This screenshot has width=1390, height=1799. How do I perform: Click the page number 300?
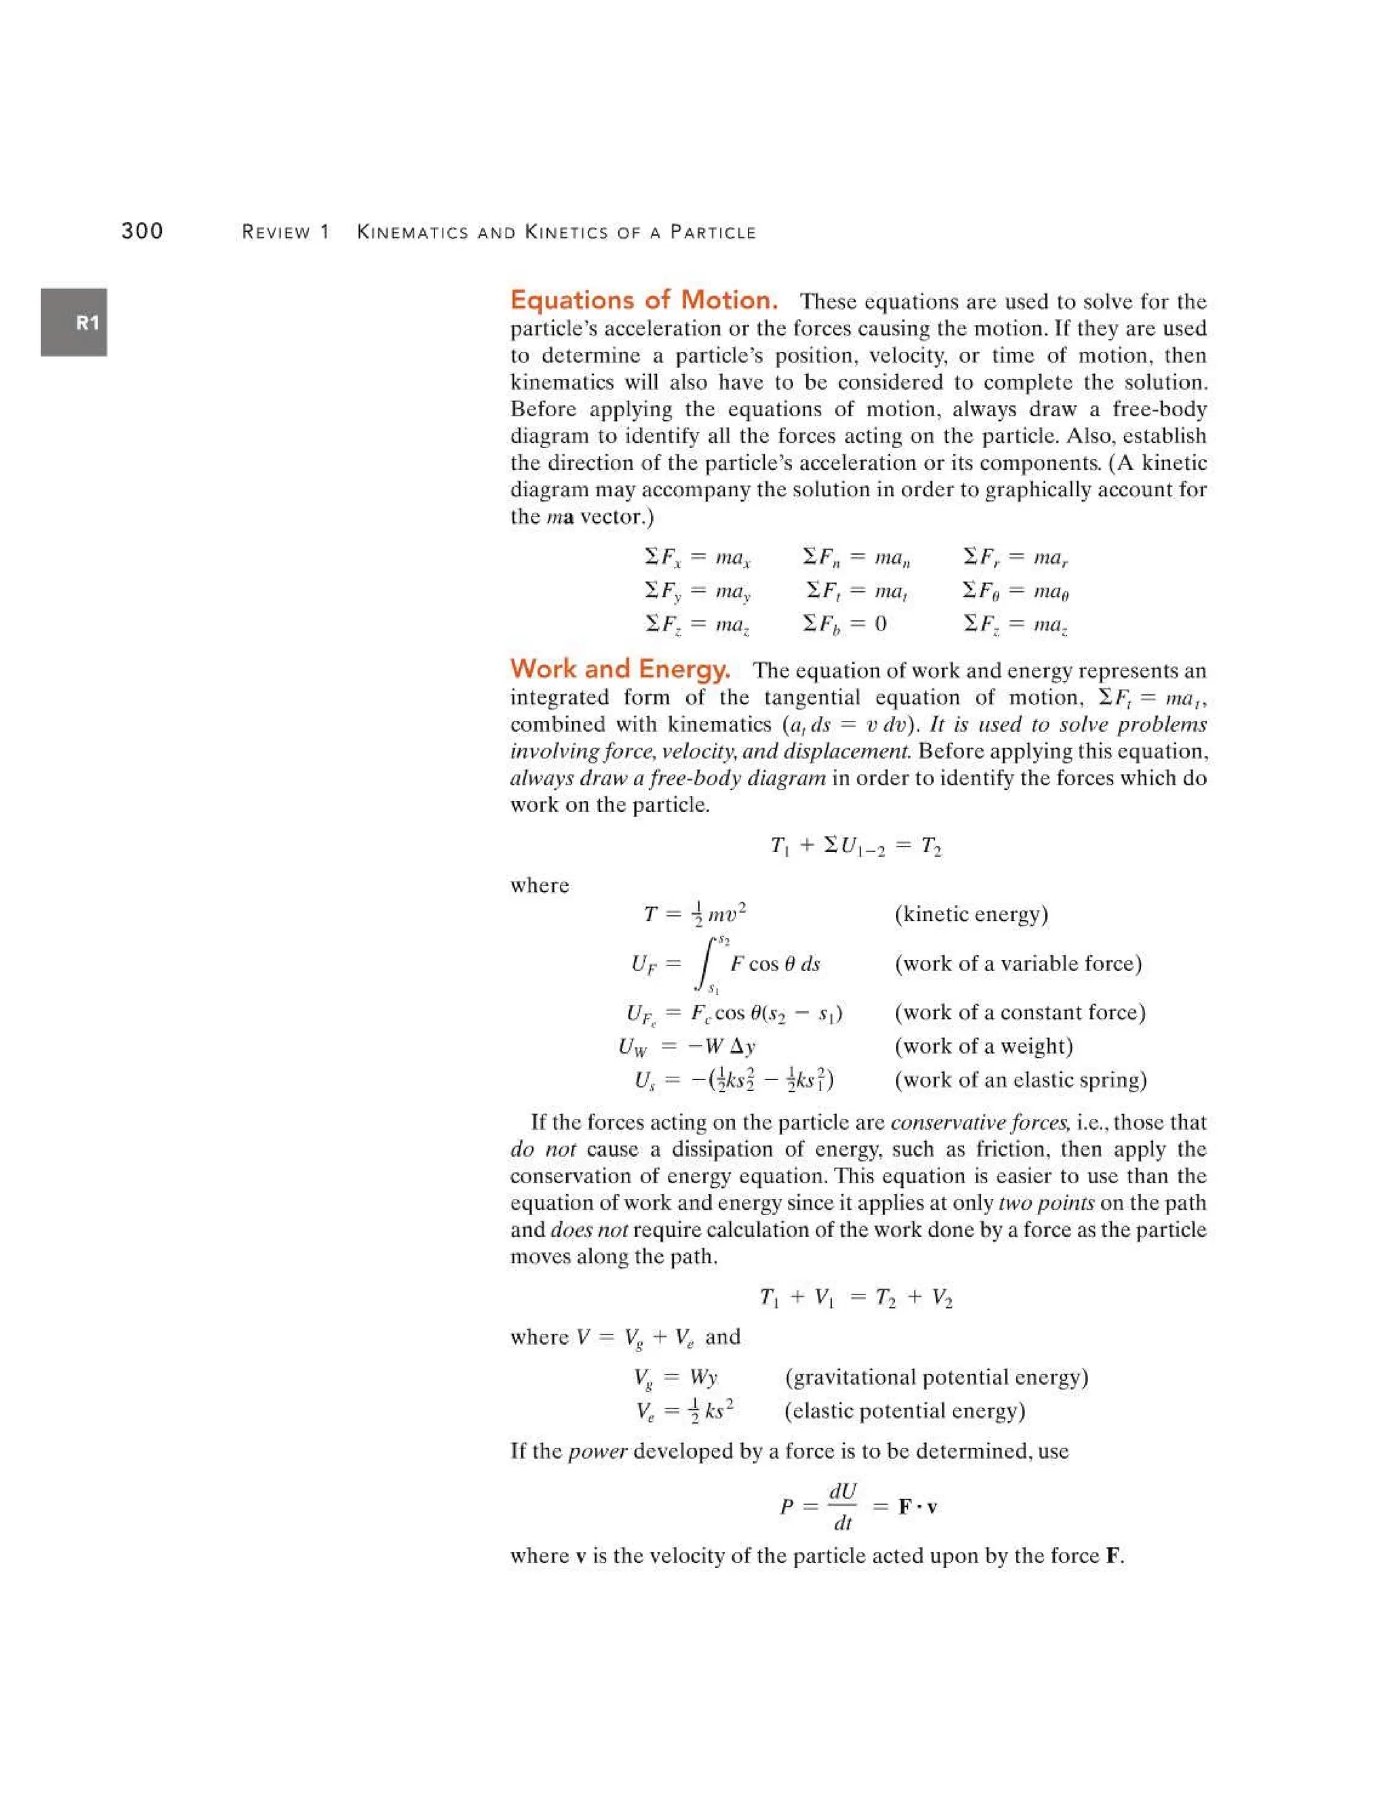click(142, 231)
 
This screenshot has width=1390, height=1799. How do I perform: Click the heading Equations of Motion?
click(644, 300)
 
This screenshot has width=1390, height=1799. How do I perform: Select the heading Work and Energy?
click(619, 668)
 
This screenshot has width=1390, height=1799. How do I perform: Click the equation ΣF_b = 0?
click(845, 624)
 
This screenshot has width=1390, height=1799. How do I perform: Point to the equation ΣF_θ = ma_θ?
click(1015, 591)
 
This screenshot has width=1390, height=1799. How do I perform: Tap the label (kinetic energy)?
click(971, 914)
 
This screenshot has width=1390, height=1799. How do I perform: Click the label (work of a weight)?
click(983, 1045)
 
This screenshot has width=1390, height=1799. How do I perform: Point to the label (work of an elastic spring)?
click(1020, 1079)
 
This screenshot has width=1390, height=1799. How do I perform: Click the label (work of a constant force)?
click(1019, 1012)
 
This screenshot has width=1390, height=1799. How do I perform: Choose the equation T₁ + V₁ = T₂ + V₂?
click(857, 1297)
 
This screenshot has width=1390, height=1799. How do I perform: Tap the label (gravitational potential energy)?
click(936, 1377)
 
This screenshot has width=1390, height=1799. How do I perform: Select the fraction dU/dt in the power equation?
click(842, 1506)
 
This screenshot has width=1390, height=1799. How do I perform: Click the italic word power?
click(598, 1451)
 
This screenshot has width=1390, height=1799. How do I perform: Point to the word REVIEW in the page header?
click(277, 232)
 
